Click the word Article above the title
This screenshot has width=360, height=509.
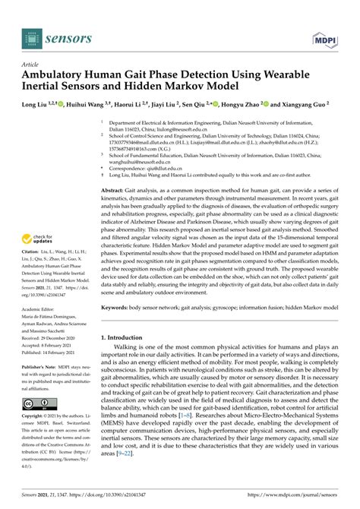(x=31, y=65)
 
